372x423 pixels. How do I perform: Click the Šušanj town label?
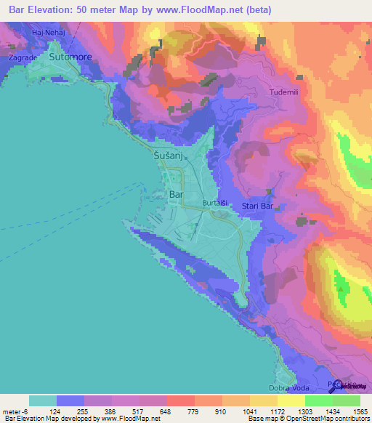coord(169,156)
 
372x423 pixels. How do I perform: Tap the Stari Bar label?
coord(257,207)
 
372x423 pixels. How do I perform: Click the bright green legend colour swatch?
coord(318,400)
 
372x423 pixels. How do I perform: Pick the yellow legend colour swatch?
coord(291,400)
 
